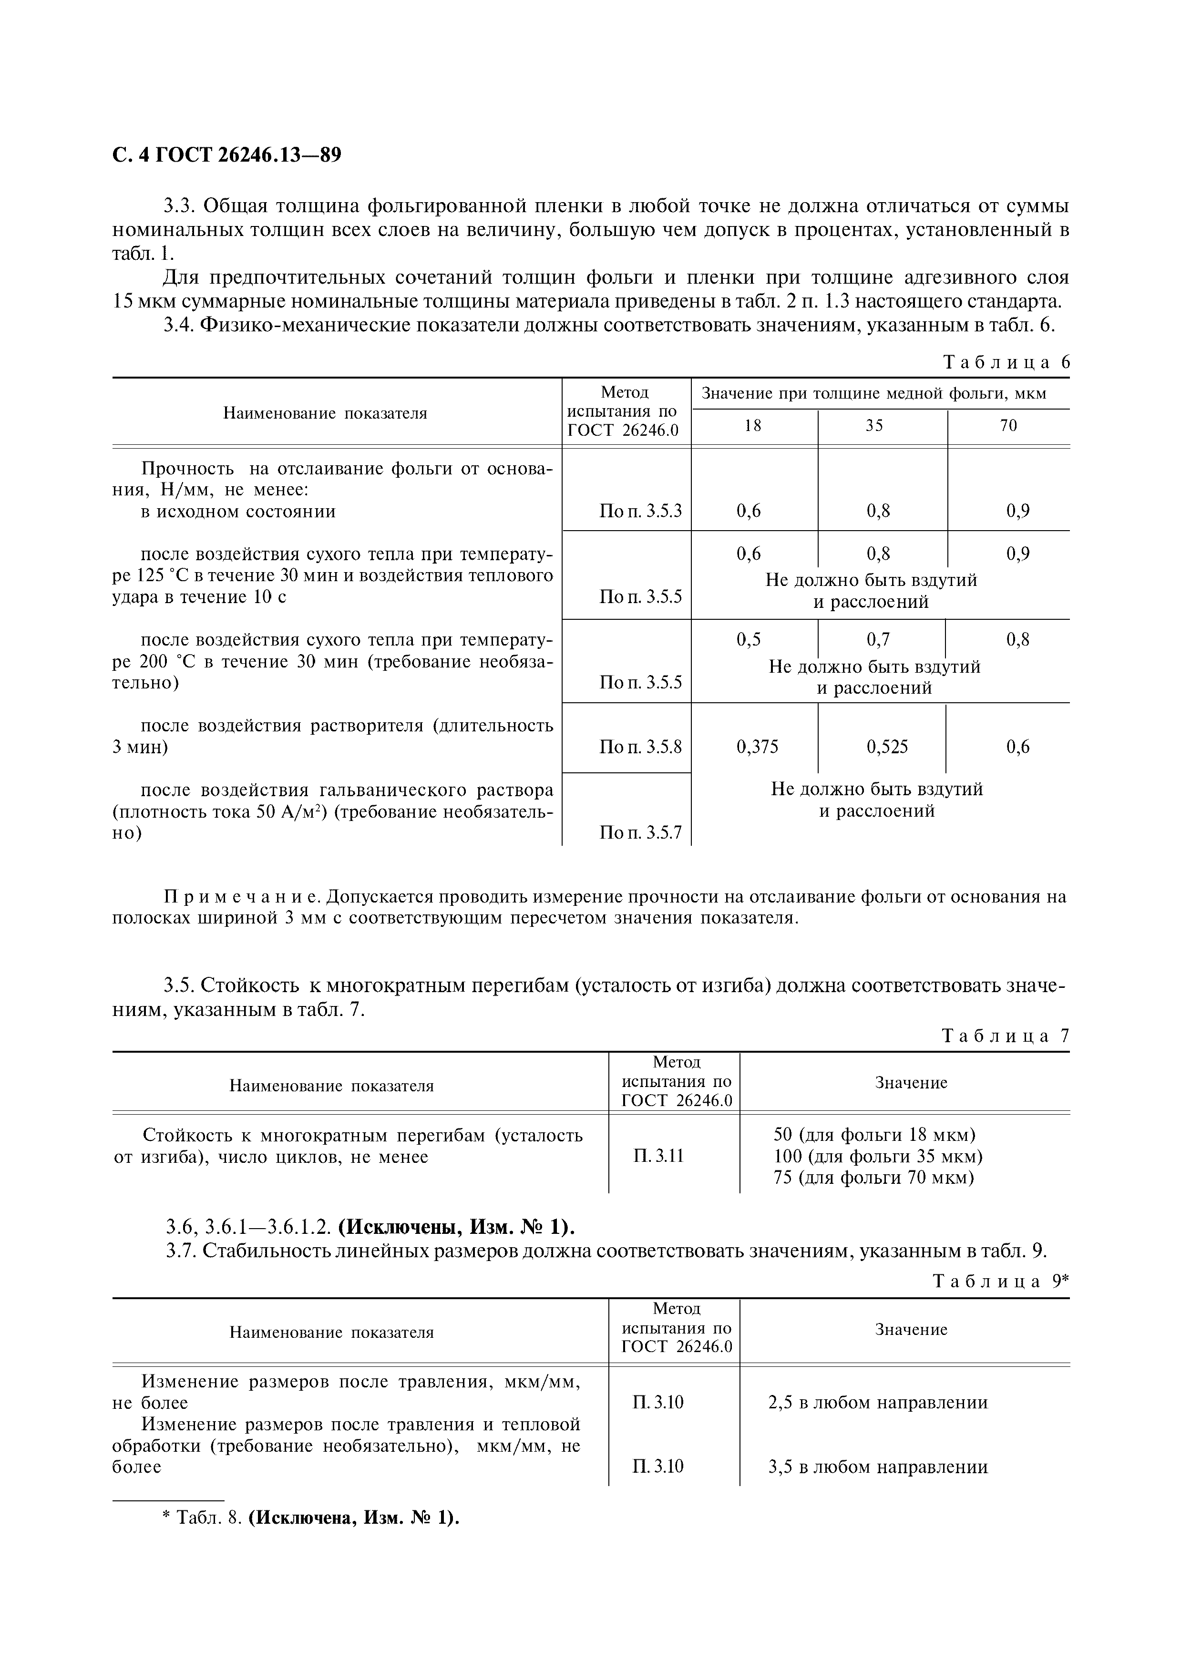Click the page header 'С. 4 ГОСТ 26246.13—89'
[226, 155]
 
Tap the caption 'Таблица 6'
[1006, 363]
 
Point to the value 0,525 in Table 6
[887, 747]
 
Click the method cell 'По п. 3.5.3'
[640, 511]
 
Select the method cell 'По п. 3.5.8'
[640, 747]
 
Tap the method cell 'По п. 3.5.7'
[640, 832]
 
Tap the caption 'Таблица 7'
[1006, 1036]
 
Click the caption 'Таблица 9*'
[1000, 1282]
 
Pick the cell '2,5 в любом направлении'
[877, 1403]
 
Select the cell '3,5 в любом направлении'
[877, 1467]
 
